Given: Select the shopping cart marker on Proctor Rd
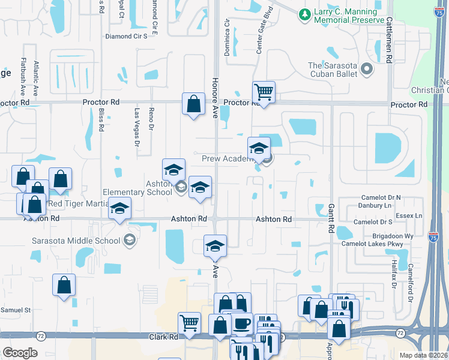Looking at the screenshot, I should [264, 92].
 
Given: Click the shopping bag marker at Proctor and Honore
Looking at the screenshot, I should [194, 104].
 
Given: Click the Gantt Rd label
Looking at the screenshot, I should [331, 218].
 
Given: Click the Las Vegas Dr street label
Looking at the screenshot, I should [136, 127].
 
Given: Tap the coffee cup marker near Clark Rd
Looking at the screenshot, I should [241, 324].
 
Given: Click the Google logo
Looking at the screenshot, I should [20, 352].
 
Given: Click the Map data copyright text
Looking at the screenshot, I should [424, 355].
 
